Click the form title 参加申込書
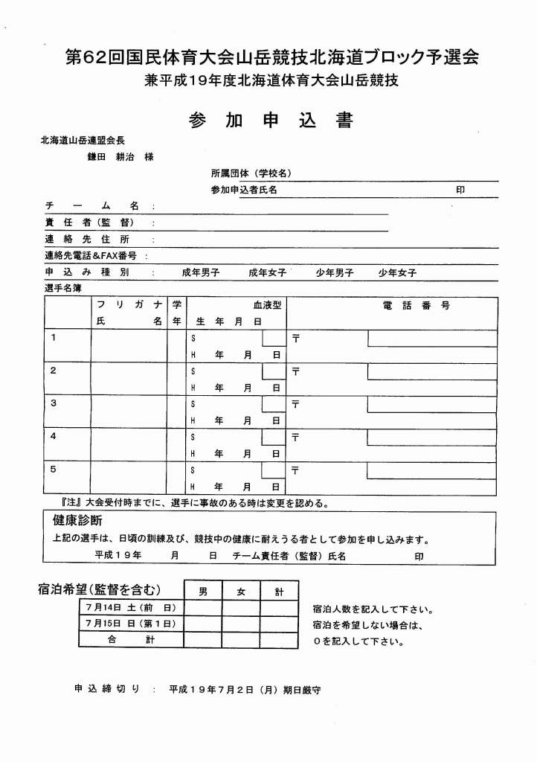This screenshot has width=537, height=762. coord(270,121)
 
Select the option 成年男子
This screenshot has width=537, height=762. coord(201,273)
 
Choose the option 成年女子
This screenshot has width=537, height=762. coord(268,273)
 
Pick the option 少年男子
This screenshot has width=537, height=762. coord(334,273)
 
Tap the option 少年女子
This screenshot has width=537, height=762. coord(397,273)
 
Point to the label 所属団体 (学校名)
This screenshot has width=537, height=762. coord(251,173)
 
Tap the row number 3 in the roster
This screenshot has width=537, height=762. coord(53,403)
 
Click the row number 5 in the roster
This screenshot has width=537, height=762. coord(53,469)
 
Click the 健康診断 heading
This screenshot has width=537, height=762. coord(77,519)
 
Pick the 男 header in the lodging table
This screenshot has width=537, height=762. coord(203,592)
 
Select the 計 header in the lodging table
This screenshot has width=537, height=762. coord(279,592)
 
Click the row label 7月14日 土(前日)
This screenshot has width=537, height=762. coord(130,608)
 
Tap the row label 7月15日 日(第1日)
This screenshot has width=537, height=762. coord(130,624)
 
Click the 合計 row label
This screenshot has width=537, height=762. coord(130,639)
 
